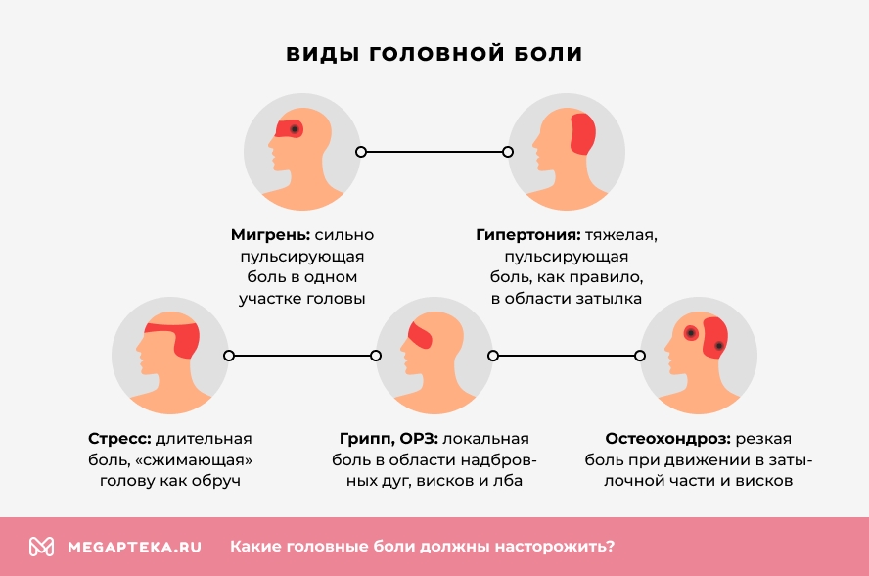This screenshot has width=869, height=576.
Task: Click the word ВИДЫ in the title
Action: [322, 54]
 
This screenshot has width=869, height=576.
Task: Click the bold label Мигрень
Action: [270, 235]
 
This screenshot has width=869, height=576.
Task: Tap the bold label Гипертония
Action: [528, 235]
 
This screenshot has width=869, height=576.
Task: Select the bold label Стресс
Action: [119, 438]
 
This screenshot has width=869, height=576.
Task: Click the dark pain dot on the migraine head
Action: [294, 129]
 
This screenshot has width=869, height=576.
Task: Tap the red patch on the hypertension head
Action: [581, 134]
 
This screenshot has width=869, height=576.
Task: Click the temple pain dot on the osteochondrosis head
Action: [691, 333]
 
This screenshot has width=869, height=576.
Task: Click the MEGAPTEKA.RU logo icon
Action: [41, 547]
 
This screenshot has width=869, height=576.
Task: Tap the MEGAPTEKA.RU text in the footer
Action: [134, 547]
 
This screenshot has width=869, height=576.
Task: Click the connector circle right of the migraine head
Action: [361, 152]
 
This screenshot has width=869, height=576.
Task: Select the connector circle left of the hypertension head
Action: [508, 152]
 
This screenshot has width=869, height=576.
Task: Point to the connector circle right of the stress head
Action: [228, 356]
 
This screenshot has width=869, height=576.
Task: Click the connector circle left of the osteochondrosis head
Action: [640, 356]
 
